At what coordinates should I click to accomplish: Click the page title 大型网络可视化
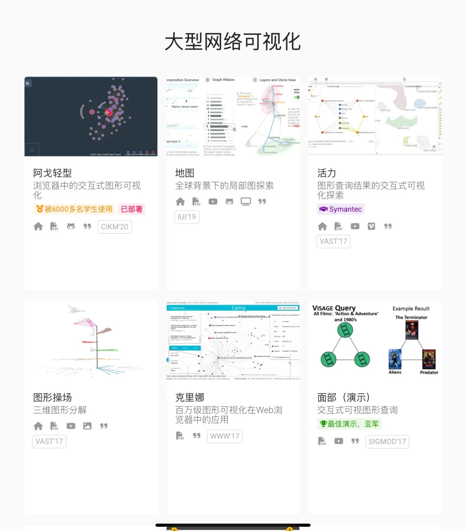click(x=233, y=42)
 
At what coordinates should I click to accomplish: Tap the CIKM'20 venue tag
click(x=115, y=227)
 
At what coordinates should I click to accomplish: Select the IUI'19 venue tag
click(x=187, y=217)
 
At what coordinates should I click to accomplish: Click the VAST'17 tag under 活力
click(x=334, y=241)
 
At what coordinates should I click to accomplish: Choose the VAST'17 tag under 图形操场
click(x=49, y=441)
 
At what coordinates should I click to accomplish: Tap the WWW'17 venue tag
click(x=225, y=436)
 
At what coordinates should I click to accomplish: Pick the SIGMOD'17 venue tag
click(x=387, y=441)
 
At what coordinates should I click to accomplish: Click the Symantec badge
click(x=340, y=209)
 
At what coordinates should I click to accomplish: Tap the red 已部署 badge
click(x=132, y=209)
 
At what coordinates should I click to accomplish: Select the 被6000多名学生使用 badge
click(x=74, y=209)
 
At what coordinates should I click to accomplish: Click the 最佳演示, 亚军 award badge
click(x=349, y=424)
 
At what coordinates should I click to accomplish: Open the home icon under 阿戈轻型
click(x=38, y=226)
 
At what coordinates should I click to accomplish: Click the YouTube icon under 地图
click(x=213, y=201)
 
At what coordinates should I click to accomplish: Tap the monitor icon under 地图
click(x=246, y=201)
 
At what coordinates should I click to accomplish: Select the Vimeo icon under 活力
click(x=372, y=226)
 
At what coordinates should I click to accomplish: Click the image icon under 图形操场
click(x=87, y=426)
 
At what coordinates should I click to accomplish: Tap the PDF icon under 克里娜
click(x=180, y=436)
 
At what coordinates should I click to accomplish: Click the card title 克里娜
click(x=190, y=397)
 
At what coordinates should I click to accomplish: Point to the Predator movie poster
click(x=429, y=359)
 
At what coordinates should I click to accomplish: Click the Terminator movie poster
click(x=412, y=330)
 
